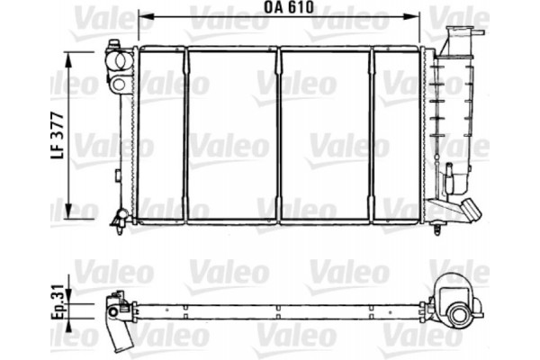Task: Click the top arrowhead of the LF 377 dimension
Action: tap(70, 55)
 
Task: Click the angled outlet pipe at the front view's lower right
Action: tap(467, 211)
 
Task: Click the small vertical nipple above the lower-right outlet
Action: tap(444, 171)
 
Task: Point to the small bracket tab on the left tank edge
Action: tap(119, 171)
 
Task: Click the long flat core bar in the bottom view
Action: tap(279, 306)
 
